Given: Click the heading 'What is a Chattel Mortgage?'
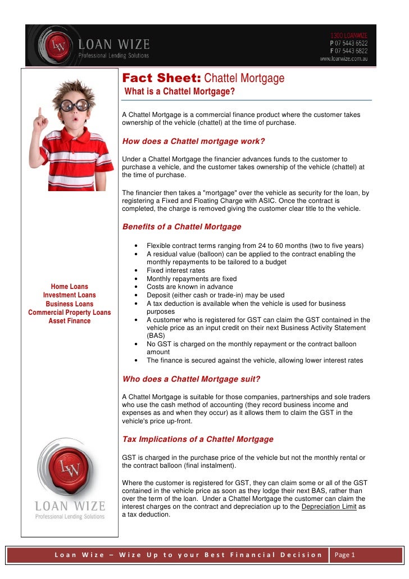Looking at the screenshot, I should click(x=179, y=92).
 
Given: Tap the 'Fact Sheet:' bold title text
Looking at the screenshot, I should click(x=154, y=78).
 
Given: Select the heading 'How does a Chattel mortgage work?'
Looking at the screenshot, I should click(x=193, y=141).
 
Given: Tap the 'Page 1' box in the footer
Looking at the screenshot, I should click(x=345, y=555).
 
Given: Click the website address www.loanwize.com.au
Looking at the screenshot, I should click(x=343, y=58).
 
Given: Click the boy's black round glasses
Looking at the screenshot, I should click(x=75, y=105).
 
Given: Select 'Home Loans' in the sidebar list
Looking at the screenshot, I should click(x=70, y=287).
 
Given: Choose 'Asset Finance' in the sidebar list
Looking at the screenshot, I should click(x=70, y=321).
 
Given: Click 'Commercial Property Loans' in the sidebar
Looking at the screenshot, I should click(x=70, y=313).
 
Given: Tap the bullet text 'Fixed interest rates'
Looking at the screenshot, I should click(x=176, y=270).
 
